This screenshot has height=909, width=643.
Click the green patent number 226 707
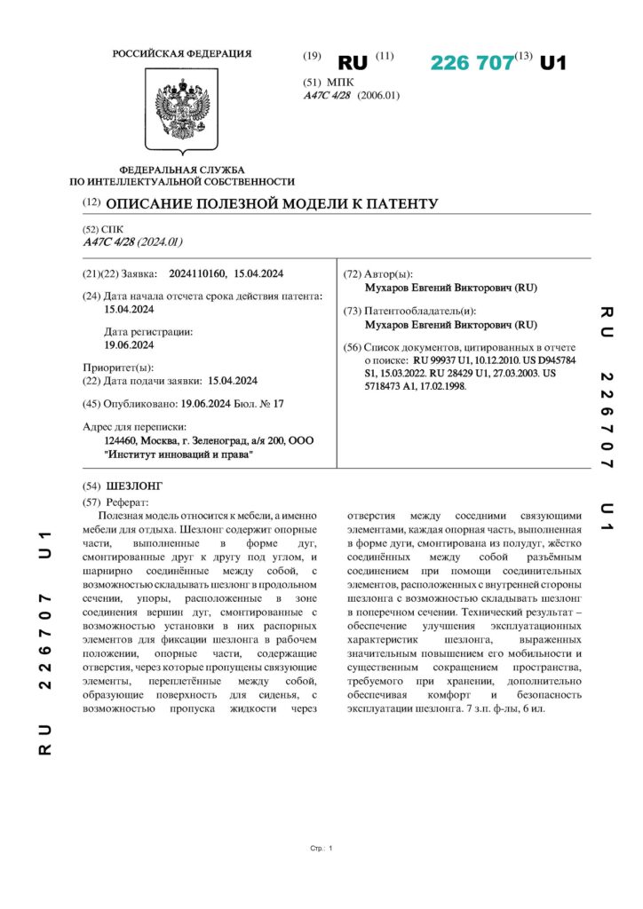[472, 63]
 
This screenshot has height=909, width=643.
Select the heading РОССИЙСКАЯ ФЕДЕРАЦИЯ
[181, 54]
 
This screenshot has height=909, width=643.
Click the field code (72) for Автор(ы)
[353, 273]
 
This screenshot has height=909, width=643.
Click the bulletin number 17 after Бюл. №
[278, 402]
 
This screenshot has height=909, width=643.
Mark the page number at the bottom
[329, 849]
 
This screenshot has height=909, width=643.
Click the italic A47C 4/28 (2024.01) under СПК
[132, 241]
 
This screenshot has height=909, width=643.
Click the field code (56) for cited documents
[353, 348]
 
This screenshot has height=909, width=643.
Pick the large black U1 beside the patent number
[553, 63]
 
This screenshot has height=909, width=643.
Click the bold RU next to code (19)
[353, 63]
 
